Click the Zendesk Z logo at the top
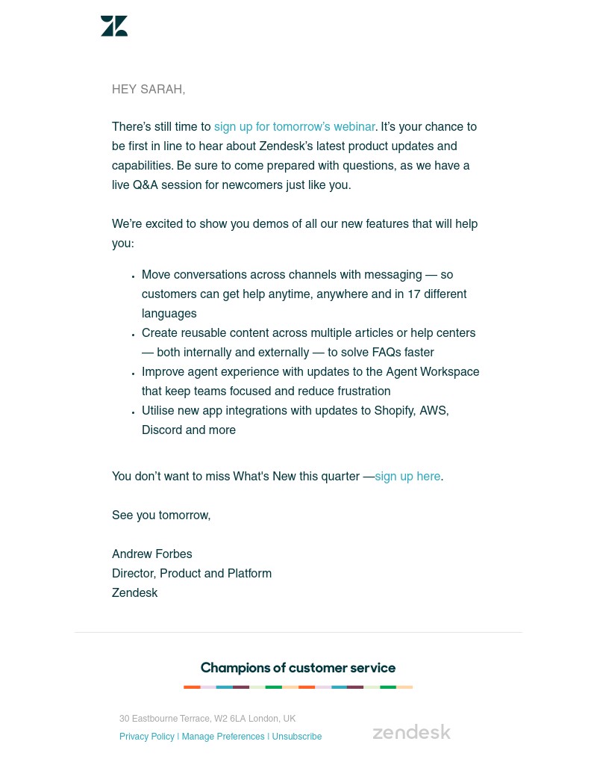114,26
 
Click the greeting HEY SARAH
149,90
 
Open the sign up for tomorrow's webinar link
294,127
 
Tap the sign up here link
407,477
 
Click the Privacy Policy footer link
147,737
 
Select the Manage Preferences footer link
223,737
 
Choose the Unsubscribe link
297,737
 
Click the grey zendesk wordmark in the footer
411,732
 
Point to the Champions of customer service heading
298,668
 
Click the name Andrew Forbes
152,554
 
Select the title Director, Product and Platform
192,574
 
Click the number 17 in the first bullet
413,294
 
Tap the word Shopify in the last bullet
393,411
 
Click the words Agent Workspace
433,372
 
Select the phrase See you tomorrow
161,515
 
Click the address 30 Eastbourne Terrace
164,719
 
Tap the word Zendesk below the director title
135,593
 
